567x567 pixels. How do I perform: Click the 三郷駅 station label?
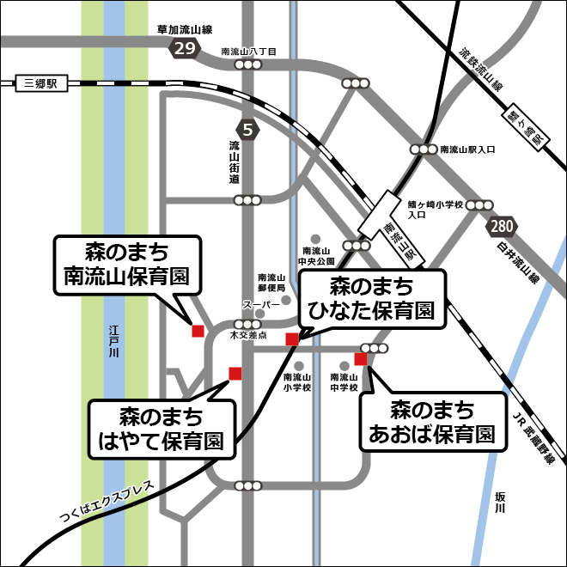40,84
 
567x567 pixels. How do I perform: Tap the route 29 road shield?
184,48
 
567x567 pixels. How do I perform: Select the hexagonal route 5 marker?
248,131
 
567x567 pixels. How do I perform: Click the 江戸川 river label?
114,341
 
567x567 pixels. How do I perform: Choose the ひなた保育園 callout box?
372,298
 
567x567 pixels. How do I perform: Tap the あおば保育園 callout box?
432,421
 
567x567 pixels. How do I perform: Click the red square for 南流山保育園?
198,331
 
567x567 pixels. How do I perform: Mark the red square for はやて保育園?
235,372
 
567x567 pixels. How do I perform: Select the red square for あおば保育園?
360,359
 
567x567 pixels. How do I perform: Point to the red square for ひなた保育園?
292,338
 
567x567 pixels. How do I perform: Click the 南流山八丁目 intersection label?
248,52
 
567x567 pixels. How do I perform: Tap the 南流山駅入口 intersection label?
467,149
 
